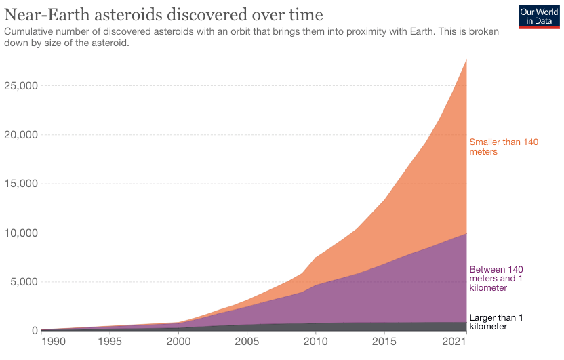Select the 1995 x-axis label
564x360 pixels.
click(x=109, y=341)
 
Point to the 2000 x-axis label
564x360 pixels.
click(x=178, y=341)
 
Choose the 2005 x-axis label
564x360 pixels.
click(x=246, y=341)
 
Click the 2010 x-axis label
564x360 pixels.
click(x=315, y=341)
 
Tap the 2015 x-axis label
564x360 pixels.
click(x=384, y=341)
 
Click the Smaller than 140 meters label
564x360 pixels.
click(x=503, y=146)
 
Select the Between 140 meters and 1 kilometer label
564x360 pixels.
click(x=496, y=278)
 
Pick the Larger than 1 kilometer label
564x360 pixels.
click(x=496, y=322)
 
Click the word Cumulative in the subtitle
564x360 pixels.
click(x=31, y=32)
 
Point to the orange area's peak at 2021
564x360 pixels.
click(x=466, y=60)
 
